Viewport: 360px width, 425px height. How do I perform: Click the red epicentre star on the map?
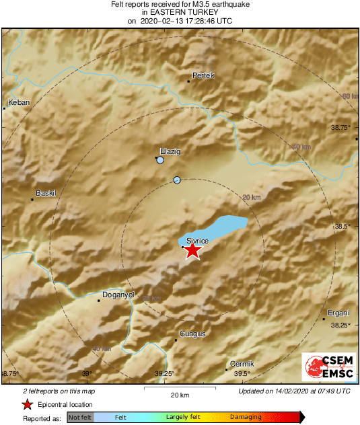coord(192,250)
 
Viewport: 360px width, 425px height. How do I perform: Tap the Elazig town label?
coord(170,151)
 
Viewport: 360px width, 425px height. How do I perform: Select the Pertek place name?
coord(203,75)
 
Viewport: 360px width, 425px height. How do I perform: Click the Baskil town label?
coord(46,193)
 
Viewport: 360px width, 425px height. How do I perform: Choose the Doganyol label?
coord(118,295)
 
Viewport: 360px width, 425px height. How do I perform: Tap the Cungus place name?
coord(192,334)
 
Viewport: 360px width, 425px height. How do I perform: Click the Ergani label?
coord(338,313)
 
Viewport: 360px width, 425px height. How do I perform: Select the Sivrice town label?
coord(198,240)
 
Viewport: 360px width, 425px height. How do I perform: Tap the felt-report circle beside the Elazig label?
coord(160,161)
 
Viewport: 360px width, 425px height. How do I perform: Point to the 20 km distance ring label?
coord(251,197)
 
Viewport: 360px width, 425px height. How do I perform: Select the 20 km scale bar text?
coord(179,394)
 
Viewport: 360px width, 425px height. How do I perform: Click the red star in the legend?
coord(27,404)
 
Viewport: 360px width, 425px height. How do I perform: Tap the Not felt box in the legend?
coord(80,418)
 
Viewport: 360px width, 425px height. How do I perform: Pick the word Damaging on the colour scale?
coord(246,418)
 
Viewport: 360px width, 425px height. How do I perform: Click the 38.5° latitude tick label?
coord(343,227)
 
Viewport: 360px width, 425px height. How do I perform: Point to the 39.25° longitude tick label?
coord(165,374)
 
